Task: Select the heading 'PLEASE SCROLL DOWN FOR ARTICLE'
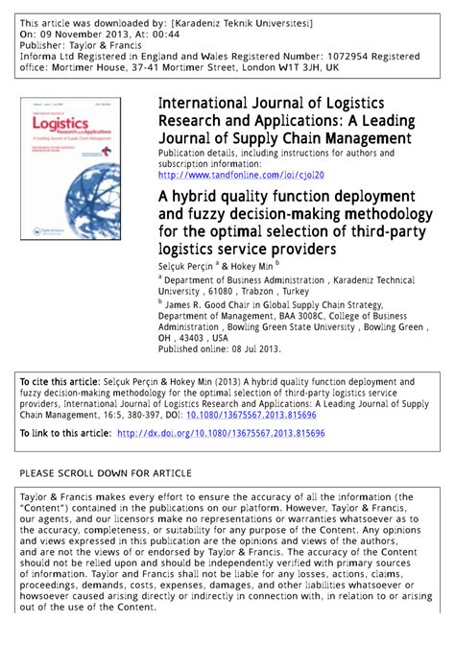(x=106, y=473)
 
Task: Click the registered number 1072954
(x=347, y=54)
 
